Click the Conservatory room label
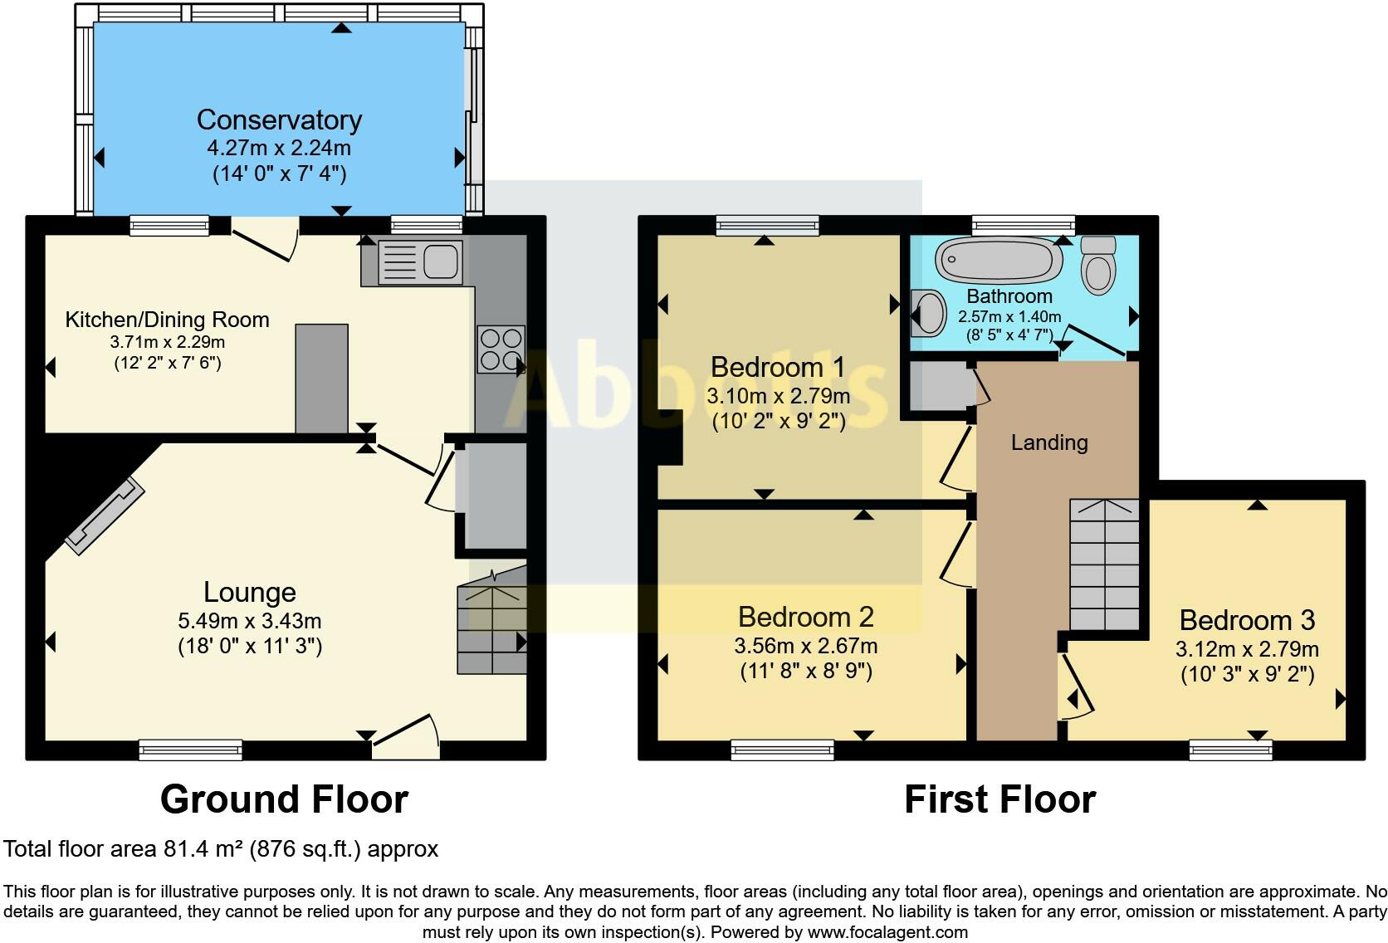click(x=279, y=120)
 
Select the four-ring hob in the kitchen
click(x=501, y=349)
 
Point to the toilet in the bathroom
click(x=1099, y=266)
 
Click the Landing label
click(x=1049, y=442)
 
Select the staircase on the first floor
click(x=1103, y=564)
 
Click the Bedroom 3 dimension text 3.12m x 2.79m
click(x=1247, y=649)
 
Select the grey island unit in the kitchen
click(x=322, y=379)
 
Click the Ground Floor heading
click(x=284, y=799)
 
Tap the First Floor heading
click(x=999, y=799)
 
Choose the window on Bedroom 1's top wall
click(x=767, y=225)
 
